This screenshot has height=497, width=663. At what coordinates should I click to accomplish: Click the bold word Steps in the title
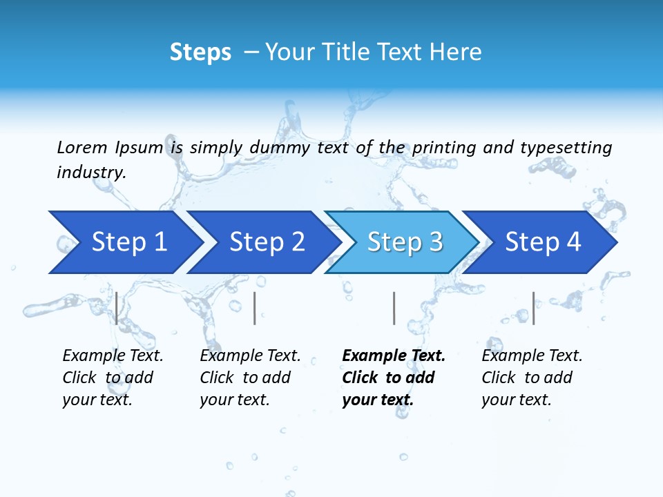point(200,52)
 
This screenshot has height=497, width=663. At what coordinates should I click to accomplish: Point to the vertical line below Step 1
point(117,308)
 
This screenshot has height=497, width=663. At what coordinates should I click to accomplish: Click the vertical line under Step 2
point(255,308)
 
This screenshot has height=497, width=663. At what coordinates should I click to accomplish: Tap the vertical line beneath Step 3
point(394,308)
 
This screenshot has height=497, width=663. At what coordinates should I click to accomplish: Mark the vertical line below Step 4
point(533,308)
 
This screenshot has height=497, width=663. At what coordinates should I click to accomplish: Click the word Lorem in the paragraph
point(81,148)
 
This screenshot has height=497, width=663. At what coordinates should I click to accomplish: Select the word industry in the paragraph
point(90,173)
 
